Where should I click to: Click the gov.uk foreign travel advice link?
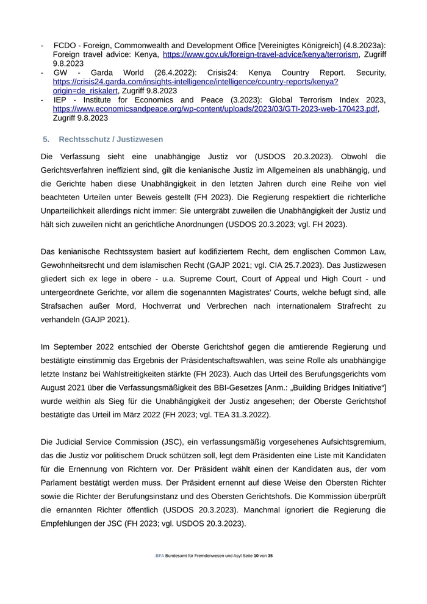pos(260,55)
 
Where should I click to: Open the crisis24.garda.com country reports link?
pos(195,82)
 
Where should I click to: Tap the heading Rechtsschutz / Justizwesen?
pos(111,139)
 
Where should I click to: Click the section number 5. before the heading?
pos(46,139)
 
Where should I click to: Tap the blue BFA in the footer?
pos(160,556)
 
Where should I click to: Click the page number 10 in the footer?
pos(256,556)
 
